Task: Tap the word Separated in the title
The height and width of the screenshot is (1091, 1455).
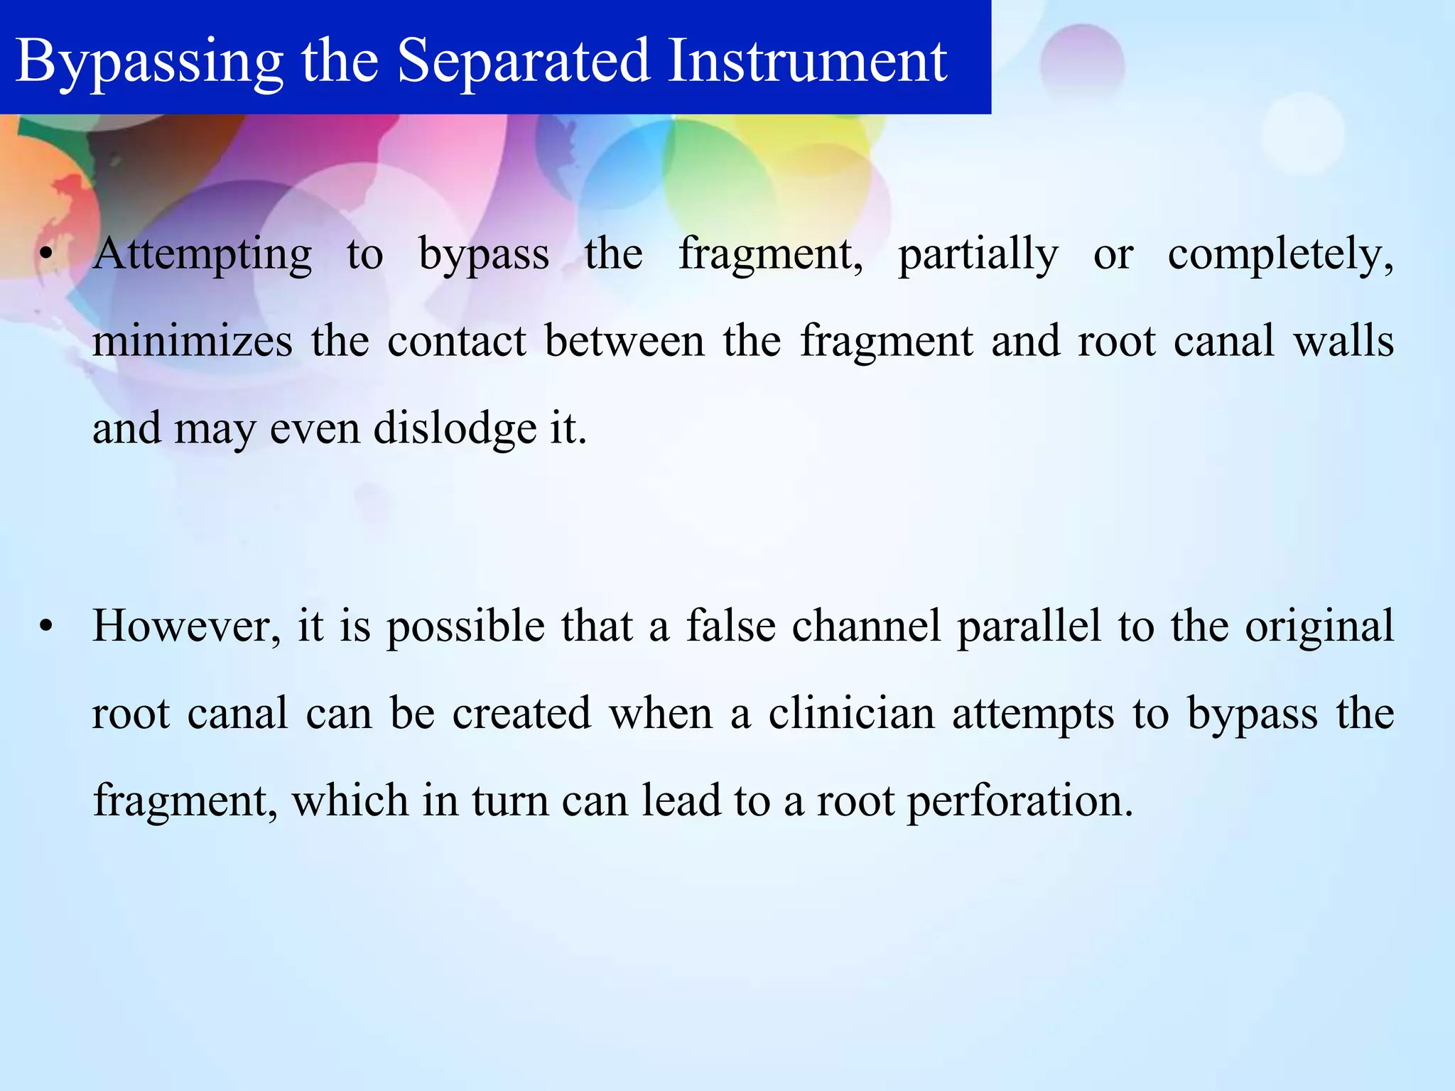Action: tap(523, 60)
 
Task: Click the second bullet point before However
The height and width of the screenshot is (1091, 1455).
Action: tap(46, 627)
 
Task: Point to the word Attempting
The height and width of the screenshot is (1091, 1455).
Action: tap(202, 254)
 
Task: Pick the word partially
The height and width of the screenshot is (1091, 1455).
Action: tap(978, 254)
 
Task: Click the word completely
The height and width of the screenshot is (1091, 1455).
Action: tap(1280, 254)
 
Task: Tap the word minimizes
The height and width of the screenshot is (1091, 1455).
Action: tap(192, 341)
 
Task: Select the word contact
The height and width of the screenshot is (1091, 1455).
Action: tap(456, 341)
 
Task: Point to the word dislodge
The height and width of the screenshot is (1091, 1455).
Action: tap(455, 429)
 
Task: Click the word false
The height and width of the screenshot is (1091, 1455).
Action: tap(730, 626)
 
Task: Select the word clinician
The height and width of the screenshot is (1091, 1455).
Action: tap(851, 714)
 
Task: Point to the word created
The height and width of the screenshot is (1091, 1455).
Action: tap(521, 714)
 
